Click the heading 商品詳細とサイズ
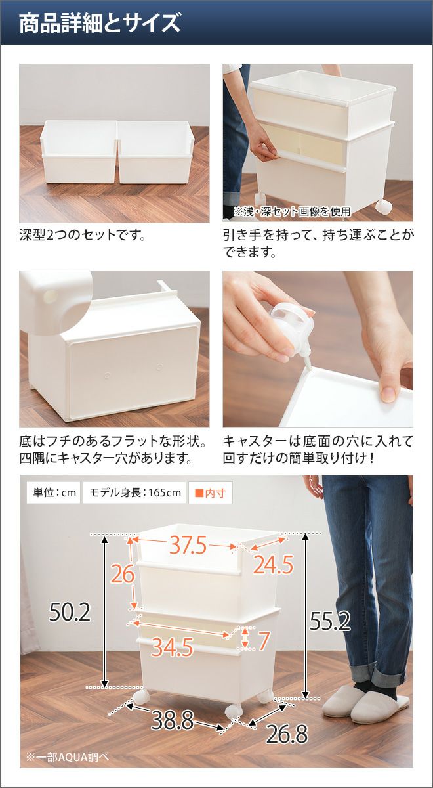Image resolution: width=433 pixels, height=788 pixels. (x=100, y=23)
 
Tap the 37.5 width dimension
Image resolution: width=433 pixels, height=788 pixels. (x=188, y=545)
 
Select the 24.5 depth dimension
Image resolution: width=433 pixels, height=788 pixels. (x=273, y=565)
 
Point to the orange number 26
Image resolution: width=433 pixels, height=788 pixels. (x=123, y=574)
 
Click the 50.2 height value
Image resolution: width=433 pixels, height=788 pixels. (x=70, y=612)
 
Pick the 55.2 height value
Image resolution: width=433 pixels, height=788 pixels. (x=329, y=621)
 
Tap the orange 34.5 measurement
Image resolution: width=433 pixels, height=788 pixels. (x=172, y=647)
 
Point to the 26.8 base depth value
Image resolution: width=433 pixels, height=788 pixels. (x=287, y=734)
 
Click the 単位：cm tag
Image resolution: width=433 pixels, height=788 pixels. (x=54, y=492)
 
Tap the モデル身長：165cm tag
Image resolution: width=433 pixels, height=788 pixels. (x=135, y=492)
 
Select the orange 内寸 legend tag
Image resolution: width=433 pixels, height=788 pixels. (x=210, y=493)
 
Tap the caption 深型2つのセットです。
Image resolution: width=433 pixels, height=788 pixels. (x=83, y=235)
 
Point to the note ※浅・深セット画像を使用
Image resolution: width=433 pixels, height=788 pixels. (x=292, y=211)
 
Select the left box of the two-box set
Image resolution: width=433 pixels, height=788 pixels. (x=79, y=151)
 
